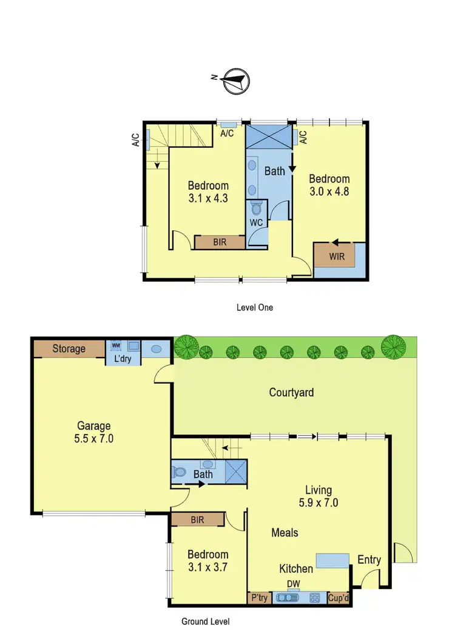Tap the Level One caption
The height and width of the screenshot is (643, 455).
click(255, 307)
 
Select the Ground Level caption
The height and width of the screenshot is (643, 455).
click(206, 621)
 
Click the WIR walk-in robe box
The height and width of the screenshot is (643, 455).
click(337, 256)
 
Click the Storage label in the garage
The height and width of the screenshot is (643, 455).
click(69, 348)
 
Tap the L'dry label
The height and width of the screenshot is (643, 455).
click(124, 359)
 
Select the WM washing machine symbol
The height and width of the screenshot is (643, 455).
click(116, 345)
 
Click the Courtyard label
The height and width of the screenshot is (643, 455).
click(291, 392)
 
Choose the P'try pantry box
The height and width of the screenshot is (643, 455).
click(259, 598)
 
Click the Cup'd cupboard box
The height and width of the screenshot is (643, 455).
click(339, 598)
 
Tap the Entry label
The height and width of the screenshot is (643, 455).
click(369, 559)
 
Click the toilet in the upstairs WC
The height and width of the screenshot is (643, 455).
click(257, 210)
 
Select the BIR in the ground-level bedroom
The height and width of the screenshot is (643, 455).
click(197, 520)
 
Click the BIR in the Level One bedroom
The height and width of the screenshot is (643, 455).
click(220, 242)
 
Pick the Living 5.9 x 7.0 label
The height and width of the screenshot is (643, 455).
click(318, 496)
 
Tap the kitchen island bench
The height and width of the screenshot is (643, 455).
click(332, 561)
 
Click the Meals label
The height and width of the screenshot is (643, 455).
click(285, 532)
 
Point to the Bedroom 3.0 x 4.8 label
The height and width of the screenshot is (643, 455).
click(329, 185)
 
